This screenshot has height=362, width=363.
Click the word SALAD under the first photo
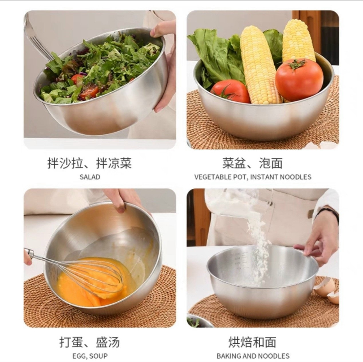point(90,177)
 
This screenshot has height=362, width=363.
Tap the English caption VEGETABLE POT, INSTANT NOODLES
point(252,177)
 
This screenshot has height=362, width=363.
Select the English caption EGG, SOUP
point(90,351)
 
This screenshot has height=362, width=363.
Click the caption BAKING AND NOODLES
point(253,351)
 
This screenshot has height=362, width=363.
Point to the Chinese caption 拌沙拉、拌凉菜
point(90,163)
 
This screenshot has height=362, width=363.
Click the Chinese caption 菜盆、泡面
point(252,163)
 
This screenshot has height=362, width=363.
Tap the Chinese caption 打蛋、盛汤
point(90,337)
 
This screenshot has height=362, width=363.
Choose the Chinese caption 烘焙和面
point(252,337)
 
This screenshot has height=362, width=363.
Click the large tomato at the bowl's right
point(299,80)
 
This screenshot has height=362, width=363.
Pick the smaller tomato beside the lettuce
point(230,91)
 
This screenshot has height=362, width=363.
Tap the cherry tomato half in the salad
point(91,91)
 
